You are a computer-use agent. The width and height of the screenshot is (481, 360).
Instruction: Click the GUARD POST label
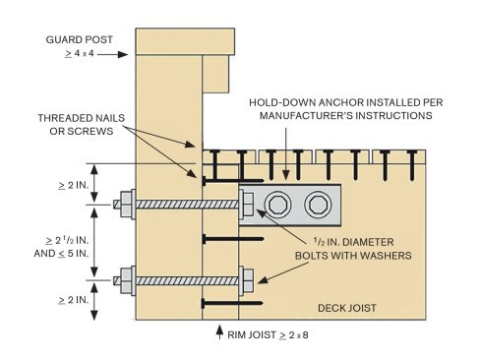tap(80, 39)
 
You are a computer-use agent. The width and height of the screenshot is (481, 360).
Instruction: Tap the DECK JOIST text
tap(347, 308)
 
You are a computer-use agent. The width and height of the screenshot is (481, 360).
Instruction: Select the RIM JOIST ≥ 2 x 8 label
tap(268, 334)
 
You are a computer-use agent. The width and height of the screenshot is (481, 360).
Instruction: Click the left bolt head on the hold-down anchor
tap(277, 205)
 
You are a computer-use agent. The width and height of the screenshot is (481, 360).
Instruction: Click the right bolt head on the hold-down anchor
tap(318, 205)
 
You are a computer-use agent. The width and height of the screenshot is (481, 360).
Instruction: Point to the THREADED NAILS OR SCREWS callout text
tap(82, 124)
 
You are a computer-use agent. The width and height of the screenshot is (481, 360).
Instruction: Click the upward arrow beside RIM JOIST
tap(219, 331)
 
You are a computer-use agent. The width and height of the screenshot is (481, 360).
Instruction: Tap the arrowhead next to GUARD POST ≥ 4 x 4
tap(123, 54)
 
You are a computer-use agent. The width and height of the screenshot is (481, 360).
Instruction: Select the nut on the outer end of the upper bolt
tap(126, 205)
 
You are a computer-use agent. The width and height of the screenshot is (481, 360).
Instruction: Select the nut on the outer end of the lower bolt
tap(126, 280)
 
